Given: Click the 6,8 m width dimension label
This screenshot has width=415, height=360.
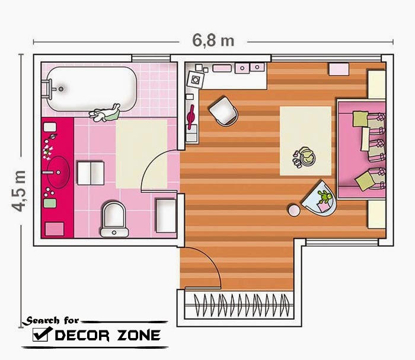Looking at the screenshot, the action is coord(213,40).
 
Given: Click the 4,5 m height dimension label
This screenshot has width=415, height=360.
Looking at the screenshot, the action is coord(19,191).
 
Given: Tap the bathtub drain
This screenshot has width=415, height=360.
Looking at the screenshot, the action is coord(61,89).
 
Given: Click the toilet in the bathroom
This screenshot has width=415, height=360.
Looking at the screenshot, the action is coord(114,219).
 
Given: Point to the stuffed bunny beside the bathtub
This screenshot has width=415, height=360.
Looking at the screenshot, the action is coord(104,113).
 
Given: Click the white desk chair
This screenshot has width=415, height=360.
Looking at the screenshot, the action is coord(224,111).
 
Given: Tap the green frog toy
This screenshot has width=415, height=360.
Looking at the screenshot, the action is coord(325,196).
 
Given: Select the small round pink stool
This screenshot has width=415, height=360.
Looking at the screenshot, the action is coord(294,210).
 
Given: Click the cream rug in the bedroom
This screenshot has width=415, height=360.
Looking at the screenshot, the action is coord(306,141).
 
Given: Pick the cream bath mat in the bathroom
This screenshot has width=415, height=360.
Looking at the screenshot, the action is coord(142,154).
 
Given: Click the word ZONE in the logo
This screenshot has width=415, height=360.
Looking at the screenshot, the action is coord(139,335).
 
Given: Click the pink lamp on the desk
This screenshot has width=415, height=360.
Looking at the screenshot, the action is coord(191,117).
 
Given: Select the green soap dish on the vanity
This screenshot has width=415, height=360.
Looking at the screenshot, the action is coord(50,203).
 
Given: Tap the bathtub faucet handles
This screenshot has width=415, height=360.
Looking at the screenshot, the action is coord(48,89).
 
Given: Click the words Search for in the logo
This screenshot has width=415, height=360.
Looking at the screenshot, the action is coord(50,320).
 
